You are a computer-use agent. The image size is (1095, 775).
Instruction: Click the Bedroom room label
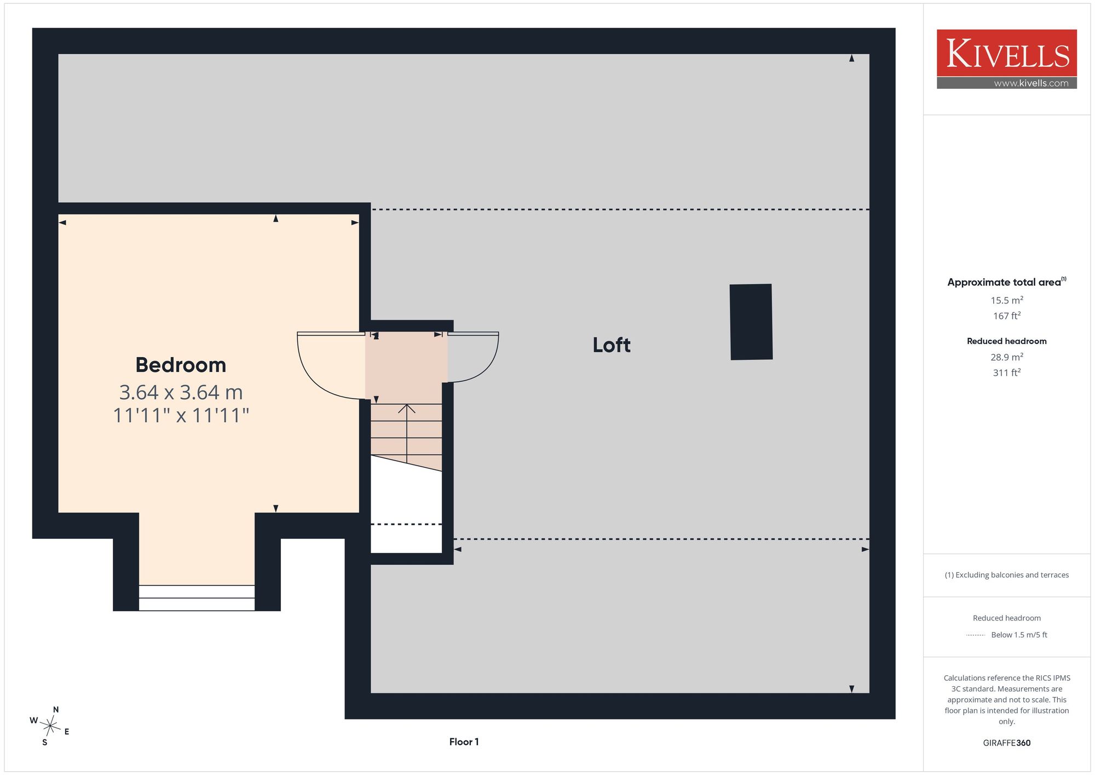point(181,365)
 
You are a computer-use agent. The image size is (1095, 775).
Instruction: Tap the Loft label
point(612,345)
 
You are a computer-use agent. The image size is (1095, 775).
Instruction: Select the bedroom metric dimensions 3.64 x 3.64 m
point(181,392)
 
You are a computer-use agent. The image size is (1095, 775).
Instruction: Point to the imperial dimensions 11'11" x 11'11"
point(181,415)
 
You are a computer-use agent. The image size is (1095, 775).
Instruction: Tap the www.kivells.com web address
point(1031,83)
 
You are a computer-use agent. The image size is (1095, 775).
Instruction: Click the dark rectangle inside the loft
point(751,322)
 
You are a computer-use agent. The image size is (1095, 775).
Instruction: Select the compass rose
point(50,726)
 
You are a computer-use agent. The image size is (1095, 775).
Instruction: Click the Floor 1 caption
point(464,742)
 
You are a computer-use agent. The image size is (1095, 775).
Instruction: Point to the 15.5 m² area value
point(1007,300)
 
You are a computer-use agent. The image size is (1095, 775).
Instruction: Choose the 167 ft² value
point(1007,316)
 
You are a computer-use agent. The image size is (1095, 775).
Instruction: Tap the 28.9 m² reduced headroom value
point(1007,357)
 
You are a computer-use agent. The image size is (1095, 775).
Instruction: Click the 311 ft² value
point(1007,372)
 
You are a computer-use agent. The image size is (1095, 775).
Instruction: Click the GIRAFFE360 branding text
point(1007,743)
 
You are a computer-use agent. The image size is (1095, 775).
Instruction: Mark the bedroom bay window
point(197,598)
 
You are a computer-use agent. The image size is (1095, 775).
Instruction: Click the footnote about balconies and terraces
point(1007,575)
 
